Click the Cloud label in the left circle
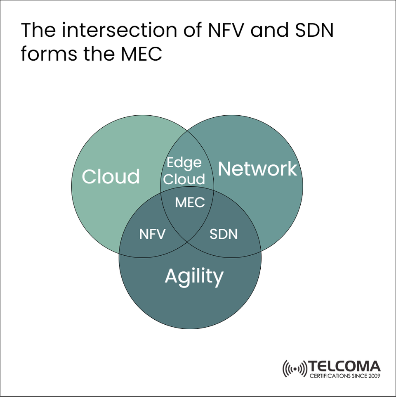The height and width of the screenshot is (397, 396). [111, 176]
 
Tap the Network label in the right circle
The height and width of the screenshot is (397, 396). [257, 169]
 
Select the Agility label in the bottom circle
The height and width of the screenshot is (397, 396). [194, 276]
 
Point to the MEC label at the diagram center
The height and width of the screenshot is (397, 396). [190, 203]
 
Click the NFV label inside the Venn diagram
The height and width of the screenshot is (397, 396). [152, 234]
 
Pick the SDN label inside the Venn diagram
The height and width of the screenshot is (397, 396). [224, 234]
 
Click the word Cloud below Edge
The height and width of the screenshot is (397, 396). [184, 179]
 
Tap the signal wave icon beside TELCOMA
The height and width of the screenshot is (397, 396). [295, 368]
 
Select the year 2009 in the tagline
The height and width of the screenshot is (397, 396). [373, 376]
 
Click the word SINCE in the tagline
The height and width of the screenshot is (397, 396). [357, 376]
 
